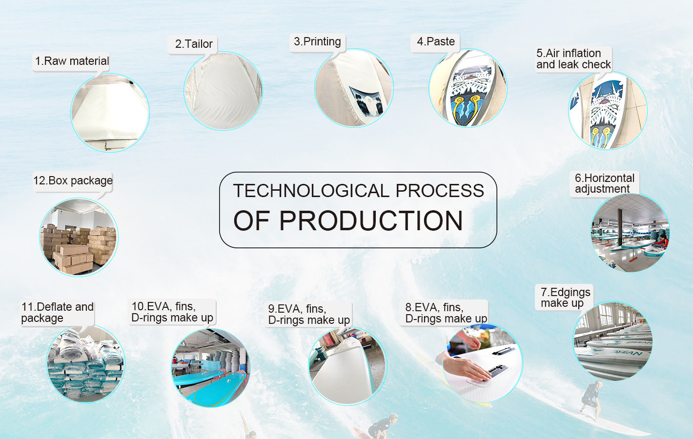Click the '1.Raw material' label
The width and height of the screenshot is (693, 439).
(x=72, y=61)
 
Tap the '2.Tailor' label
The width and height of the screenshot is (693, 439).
(x=194, y=44)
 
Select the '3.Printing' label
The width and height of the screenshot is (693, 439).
(x=317, y=41)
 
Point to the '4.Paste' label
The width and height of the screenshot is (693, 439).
(x=436, y=41)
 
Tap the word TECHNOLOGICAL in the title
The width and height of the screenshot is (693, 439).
(x=311, y=190)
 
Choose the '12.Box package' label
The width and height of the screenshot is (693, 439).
(x=73, y=180)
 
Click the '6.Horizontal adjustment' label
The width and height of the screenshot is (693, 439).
(x=604, y=183)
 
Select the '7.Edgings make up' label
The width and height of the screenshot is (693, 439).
(x=565, y=298)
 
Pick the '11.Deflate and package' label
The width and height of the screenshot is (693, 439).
(x=57, y=313)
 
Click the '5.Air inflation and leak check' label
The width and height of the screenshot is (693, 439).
(x=573, y=59)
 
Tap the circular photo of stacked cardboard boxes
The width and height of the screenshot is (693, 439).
(x=79, y=237)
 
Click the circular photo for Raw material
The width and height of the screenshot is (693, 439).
(x=110, y=113)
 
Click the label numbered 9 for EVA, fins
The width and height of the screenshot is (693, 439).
(x=309, y=315)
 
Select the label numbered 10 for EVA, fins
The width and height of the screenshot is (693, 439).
(x=172, y=312)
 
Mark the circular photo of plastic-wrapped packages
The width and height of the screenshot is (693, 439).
(x=85, y=364)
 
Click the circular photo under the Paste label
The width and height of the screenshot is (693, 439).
(x=468, y=88)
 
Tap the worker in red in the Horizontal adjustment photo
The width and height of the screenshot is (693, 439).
(x=663, y=241)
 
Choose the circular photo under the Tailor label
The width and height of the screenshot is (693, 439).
(x=223, y=91)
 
